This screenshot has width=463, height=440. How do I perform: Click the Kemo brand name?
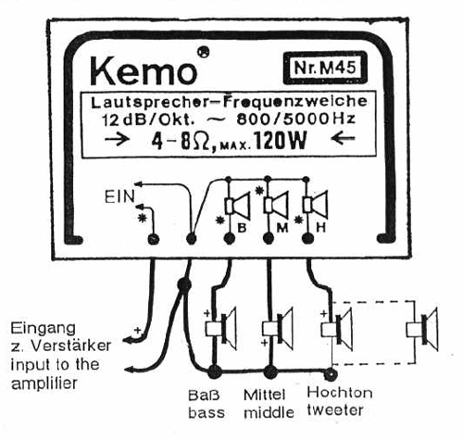[144, 71]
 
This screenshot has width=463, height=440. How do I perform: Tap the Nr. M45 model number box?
[325, 68]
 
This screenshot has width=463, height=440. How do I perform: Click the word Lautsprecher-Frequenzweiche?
[229, 102]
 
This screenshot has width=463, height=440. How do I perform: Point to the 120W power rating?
[280, 142]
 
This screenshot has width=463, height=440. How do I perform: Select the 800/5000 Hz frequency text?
[295, 119]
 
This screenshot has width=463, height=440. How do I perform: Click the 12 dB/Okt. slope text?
[148, 119]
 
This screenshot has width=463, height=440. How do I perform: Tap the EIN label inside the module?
[119, 196]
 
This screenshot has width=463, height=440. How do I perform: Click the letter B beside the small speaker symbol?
[242, 228]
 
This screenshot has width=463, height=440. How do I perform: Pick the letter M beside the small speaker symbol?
[282, 228]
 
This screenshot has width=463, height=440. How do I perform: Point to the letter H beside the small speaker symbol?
[321, 228]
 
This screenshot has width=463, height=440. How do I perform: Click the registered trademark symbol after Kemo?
[203, 52]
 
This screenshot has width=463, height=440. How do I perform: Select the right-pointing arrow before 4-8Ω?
[117, 139]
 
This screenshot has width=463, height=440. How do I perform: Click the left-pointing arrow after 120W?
[343, 139]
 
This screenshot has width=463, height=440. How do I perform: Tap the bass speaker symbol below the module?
[221, 328]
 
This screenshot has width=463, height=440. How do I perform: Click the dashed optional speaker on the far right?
[421, 330]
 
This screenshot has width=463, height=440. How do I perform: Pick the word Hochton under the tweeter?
[340, 393]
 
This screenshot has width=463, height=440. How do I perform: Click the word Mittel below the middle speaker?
[264, 395]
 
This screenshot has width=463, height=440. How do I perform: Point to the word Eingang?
[44, 329]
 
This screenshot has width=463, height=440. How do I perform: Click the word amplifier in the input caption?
[44, 383]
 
